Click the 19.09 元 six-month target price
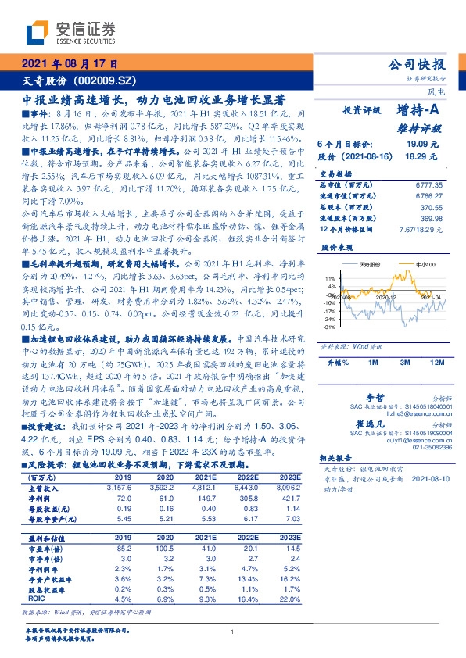click(422, 145)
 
